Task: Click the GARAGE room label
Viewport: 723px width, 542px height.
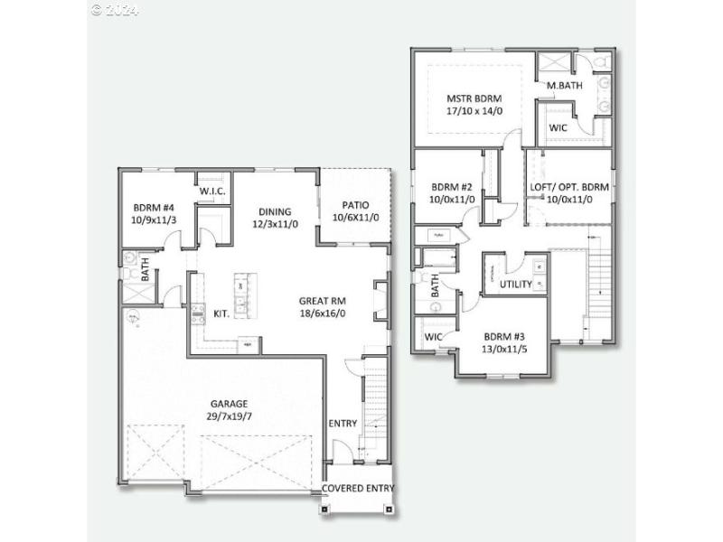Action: coord(230,403)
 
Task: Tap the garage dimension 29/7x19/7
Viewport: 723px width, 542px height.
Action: coord(230,416)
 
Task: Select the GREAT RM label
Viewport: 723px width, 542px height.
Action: coord(324,301)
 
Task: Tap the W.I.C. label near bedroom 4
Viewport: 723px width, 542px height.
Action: coord(211,192)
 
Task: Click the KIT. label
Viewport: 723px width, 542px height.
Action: coord(221,313)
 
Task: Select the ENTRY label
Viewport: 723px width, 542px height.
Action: coord(343,423)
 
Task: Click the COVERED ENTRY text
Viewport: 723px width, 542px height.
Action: coord(359,489)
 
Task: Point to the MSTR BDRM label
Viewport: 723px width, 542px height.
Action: coord(474,98)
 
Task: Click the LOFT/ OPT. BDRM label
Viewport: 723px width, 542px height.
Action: coord(569,187)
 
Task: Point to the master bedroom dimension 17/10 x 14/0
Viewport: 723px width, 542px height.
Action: coord(474,112)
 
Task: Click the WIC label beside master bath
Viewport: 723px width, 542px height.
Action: coord(559,128)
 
